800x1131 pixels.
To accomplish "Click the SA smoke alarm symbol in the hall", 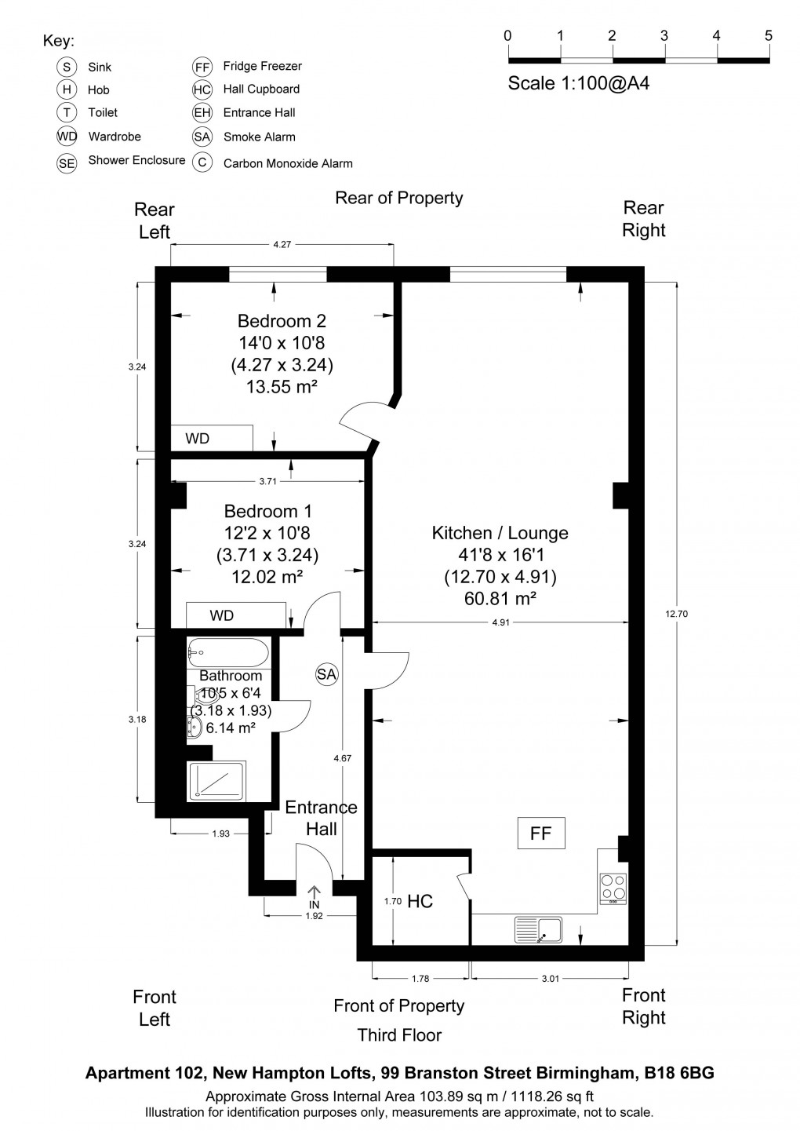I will (x=327, y=673).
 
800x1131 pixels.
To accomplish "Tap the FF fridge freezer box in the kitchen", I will (x=541, y=833).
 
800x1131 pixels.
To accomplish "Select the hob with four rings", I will (x=613, y=888).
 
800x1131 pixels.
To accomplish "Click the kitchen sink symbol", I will (x=538, y=930).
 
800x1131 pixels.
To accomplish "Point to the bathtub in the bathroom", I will (x=228, y=652).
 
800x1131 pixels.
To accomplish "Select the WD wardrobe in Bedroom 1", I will (x=235, y=615).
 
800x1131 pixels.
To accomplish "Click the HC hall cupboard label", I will (x=420, y=901).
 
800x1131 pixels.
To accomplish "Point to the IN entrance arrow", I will (x=314, y=897).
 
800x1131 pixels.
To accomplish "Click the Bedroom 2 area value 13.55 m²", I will (x=282, y=386).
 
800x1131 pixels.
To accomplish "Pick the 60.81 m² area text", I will (x=500, y=599).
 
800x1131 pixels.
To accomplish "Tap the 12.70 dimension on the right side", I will (x=676, y=614).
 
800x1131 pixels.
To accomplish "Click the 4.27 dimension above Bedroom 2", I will (x=282, y=245).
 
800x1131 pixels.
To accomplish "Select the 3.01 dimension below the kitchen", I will (x=549, y=979).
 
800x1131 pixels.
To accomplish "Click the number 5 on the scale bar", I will (x=769, y=35).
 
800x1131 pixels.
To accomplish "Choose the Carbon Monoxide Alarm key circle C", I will (x=202, y=162).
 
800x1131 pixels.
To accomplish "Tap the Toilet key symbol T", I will (x=67, y=112).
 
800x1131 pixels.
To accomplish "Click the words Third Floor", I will (x=399, y=1035).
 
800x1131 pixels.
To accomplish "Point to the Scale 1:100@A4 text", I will (x=579, y=83).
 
